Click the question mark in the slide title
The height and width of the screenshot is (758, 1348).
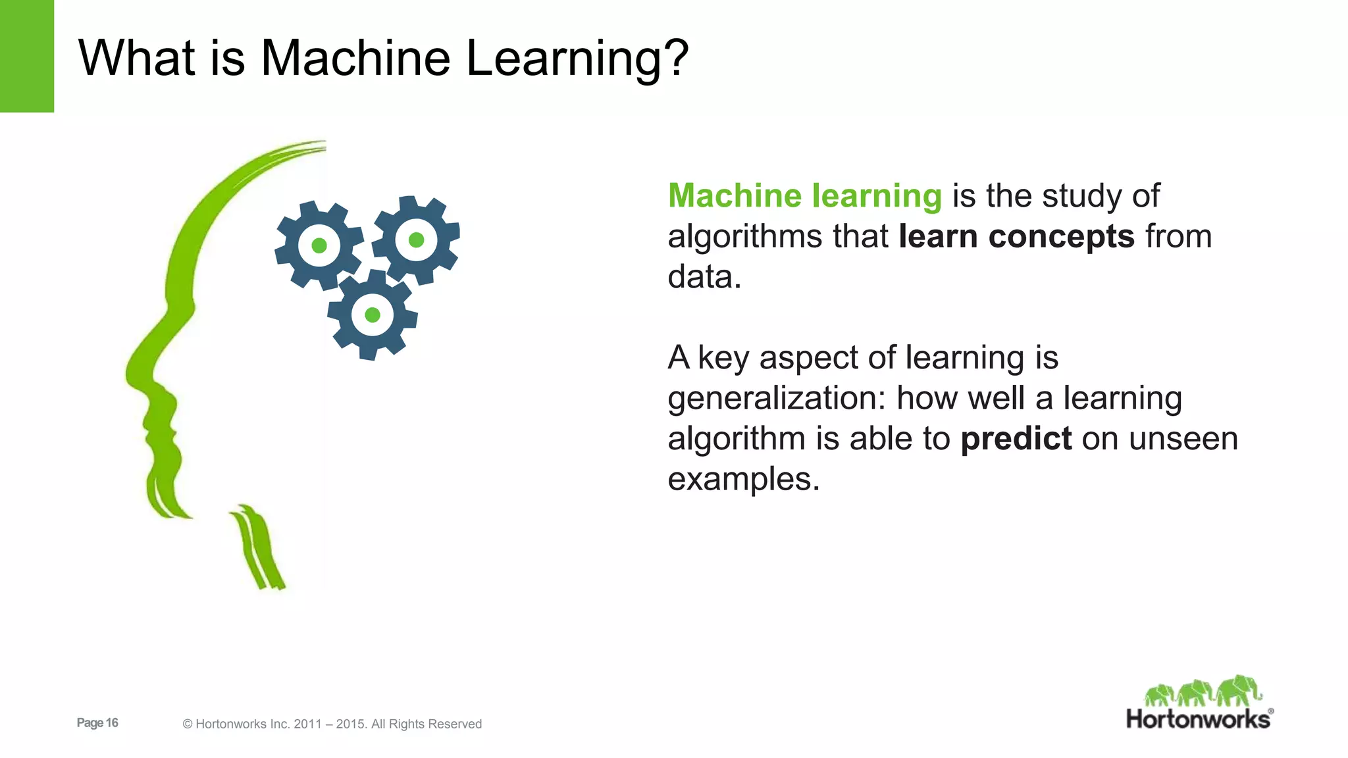tap(672, 58)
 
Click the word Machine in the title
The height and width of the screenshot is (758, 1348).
tap(355, 58)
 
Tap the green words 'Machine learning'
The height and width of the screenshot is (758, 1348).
tap(804, 196)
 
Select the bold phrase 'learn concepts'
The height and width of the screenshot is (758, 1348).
tap(1016, 236)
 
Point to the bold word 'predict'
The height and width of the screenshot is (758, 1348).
tap(1016, 439)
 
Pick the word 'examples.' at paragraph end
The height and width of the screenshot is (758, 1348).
tap(743, 479)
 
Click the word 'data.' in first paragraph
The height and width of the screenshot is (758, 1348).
tap(704, 277)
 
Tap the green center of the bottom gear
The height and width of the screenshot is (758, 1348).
tap(373, 315)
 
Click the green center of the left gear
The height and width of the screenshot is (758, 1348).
tap(319, 246)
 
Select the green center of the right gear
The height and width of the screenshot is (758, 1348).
tap(416, 240)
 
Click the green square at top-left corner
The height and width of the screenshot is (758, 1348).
tap(26, 56)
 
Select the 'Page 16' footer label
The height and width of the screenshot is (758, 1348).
tap(97, 722)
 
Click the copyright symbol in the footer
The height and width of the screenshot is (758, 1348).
tap(187, 724)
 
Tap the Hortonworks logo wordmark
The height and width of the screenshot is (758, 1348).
tap(1198, 719)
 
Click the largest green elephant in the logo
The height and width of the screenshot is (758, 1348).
tap(1239, 690)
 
